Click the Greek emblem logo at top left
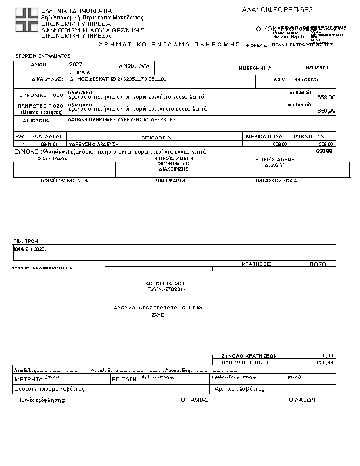[27, 21]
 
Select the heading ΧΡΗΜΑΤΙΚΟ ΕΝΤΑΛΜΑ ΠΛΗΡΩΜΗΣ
[171, 44]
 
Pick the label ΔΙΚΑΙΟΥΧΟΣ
[45, 78]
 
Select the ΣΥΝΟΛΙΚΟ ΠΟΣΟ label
[39, 94]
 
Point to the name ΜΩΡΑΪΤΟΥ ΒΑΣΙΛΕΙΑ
[64, 181]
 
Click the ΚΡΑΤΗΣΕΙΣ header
[256, 265]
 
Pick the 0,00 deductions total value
[328, 355]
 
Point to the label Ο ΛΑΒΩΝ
[302, 400]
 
